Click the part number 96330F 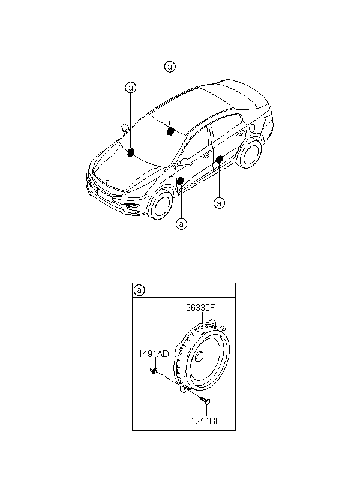pos(200,307)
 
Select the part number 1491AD pos(154,354)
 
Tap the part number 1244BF pos(206,421)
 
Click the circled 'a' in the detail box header pos(139,290)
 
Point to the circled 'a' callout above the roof pos(170,67)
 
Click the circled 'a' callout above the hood pos(131,87)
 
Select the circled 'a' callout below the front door pos(181,224)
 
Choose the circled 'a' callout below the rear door pos(219,203)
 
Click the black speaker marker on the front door pos(180,181)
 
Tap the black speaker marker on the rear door pos(220,159)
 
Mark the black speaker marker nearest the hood pos(131,152)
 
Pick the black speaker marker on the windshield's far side pos(171,131)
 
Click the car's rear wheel pos(250,154)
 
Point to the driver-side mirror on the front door pos(185,162)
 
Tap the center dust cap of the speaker pos(199,358)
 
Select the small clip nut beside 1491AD pos(154,371)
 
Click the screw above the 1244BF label pos(206,400)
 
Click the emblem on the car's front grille pos(108,182)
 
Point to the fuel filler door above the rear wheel pos(252,128)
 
